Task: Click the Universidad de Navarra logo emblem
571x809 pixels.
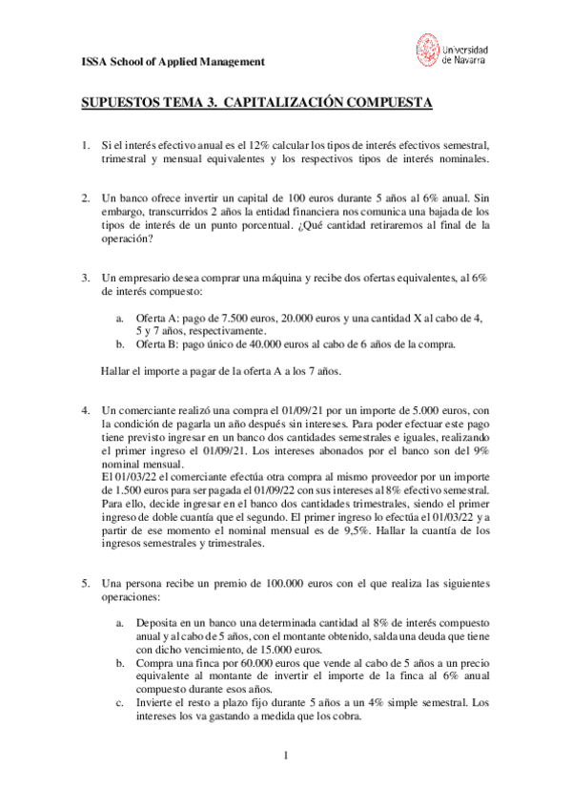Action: [428, 51]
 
